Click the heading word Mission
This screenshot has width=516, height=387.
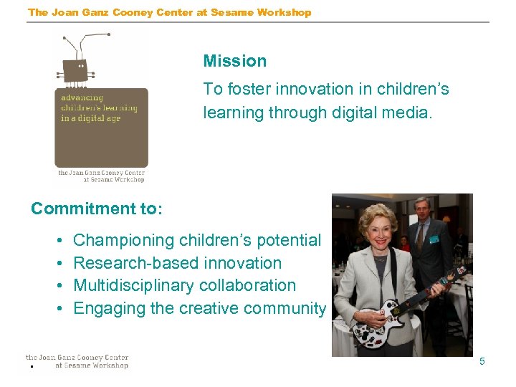point(234,62)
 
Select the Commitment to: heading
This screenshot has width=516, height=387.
point(97,209)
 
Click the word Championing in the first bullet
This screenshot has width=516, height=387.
point(124,241)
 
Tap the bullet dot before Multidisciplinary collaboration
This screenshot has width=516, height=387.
point(57,286)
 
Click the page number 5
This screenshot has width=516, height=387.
point(482,361)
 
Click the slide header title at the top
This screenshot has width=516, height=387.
point(169,12)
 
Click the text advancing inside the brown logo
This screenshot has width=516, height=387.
point(82,98)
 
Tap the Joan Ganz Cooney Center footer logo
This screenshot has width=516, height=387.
point(77,361)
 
